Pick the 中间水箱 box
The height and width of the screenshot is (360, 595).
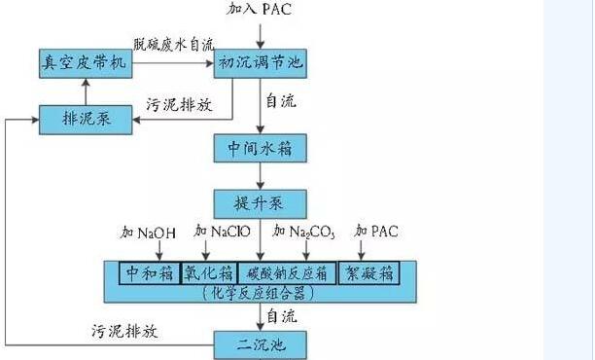click(260, 148)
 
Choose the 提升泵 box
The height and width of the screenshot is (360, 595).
click(260, 203)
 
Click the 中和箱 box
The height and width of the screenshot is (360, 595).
click(150, 272)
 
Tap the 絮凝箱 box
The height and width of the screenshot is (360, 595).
click(374, 272)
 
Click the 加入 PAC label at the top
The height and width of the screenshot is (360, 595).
click(260, 10)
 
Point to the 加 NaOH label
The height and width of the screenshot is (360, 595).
click(150, 233)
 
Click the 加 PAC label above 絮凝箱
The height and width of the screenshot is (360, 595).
click(377, 232)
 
